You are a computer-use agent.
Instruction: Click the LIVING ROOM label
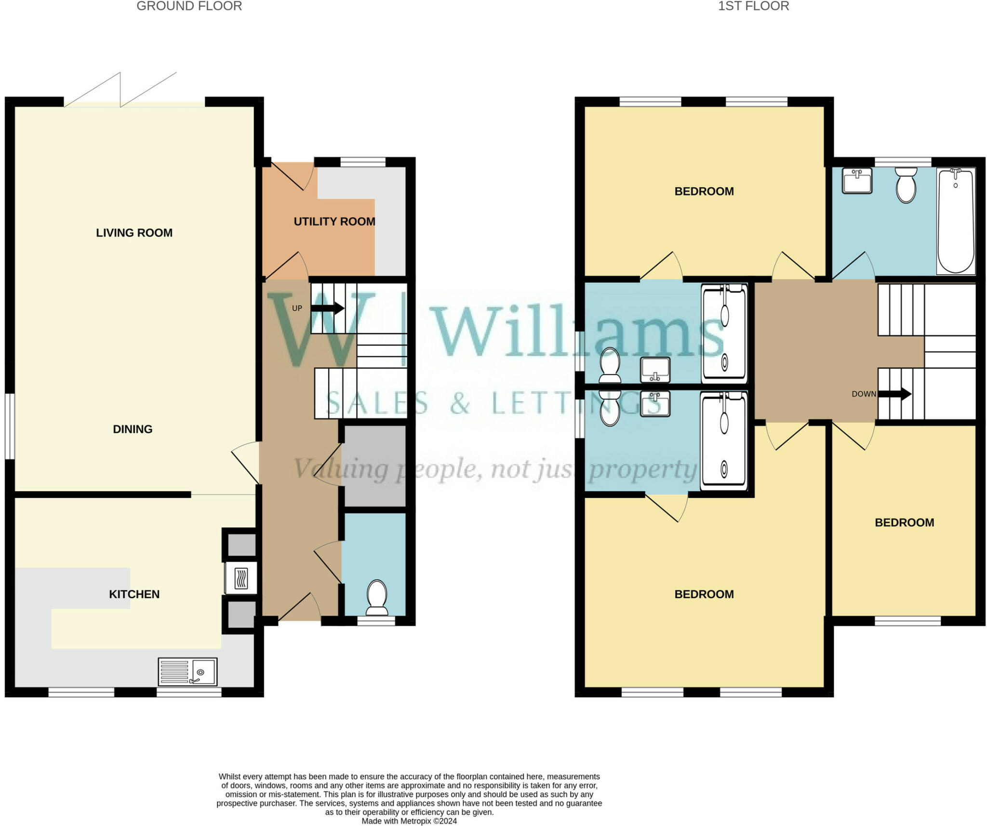(134, 233)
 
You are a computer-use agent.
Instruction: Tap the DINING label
(133, 429)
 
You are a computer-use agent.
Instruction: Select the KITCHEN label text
(134, 594)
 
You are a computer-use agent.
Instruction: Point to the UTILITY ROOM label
(334, 222)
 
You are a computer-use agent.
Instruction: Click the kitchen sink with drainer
(187, 671)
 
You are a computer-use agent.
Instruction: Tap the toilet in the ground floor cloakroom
(377, 597)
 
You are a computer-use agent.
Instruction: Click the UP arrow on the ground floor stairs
(328, 308)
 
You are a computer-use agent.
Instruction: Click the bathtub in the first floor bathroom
(956, 221)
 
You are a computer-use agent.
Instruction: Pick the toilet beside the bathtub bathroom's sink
(906, 186)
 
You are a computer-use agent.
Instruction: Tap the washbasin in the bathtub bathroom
(857, 181)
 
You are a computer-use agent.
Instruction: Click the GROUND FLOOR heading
(189, 6)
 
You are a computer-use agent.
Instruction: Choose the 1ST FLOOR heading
(753, 6)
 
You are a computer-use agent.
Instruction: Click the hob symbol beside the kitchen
(241, 578)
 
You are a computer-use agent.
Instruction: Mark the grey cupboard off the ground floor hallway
(374, 466)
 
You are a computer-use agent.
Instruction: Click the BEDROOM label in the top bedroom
(704, 191)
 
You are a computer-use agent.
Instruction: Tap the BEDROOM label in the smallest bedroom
(904, 522)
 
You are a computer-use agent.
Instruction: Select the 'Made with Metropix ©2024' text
(409, 821)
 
